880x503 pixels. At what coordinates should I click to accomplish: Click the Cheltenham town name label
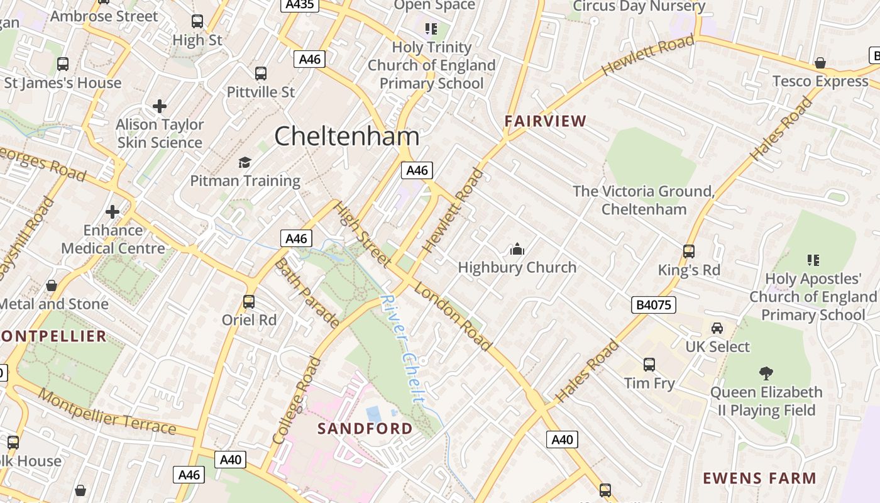point(347,136)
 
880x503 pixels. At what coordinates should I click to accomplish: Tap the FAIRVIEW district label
point(546,121)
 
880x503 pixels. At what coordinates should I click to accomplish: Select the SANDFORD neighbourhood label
point(365,429)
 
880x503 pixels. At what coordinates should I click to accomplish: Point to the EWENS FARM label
point(759,478)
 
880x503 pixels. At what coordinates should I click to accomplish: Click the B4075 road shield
point(654,306)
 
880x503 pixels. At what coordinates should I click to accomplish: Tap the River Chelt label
point(403,349)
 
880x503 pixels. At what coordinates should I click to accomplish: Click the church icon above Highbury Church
point(517,250)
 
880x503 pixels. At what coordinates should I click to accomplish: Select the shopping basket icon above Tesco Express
point(820,63)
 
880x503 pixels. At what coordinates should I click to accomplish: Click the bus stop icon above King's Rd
point(689,251)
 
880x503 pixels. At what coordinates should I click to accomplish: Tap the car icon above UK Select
point(717,328)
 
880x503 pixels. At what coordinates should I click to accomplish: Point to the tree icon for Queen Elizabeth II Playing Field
point(766,373)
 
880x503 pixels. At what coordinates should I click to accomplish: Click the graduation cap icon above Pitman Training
point(245,163)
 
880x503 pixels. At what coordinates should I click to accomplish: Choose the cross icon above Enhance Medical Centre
point(113,212)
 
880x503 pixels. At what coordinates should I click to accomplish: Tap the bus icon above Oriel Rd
point(249,301)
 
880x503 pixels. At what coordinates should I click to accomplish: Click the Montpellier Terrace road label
point(107,412)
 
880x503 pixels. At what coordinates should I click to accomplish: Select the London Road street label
point(453,318)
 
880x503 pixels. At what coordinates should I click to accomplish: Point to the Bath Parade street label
point(307,293)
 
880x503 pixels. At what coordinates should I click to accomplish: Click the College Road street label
point(297,401)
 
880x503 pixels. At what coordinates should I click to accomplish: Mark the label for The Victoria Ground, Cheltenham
point(644,200)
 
